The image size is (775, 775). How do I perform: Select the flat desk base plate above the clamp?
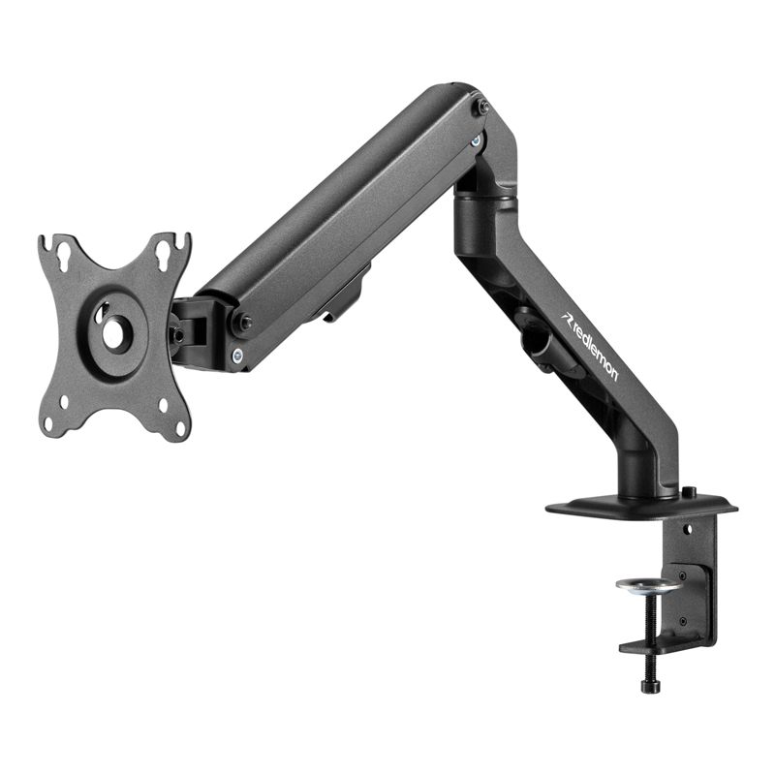639,506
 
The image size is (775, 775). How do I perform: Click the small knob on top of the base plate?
689,492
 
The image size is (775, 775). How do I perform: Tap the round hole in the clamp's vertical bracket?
687,531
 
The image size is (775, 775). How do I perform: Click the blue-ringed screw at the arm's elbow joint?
476,141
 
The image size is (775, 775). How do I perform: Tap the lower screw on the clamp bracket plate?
683,620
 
